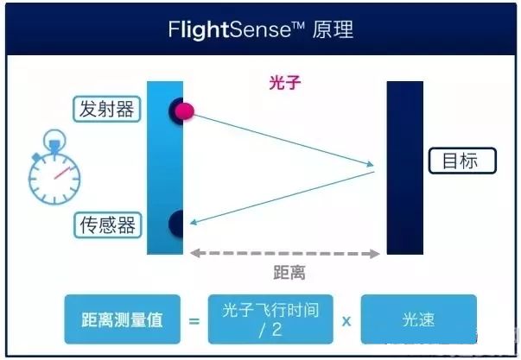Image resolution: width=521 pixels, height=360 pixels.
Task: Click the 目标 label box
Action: [x=464, y=161]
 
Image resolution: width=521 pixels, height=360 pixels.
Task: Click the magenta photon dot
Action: [x=185, y=111]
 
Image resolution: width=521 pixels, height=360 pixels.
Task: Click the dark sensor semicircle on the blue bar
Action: [x=176, y=223]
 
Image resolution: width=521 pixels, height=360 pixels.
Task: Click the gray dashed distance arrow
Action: [x=285, y=254]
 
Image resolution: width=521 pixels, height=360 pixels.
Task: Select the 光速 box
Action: [x=418, y=319]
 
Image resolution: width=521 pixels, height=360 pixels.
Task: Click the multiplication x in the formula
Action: [x=346, y=320]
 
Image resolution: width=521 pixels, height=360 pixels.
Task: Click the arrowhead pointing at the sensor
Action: [x=194, y=222]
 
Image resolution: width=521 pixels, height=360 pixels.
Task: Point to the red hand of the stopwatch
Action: [x=61, y=171]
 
